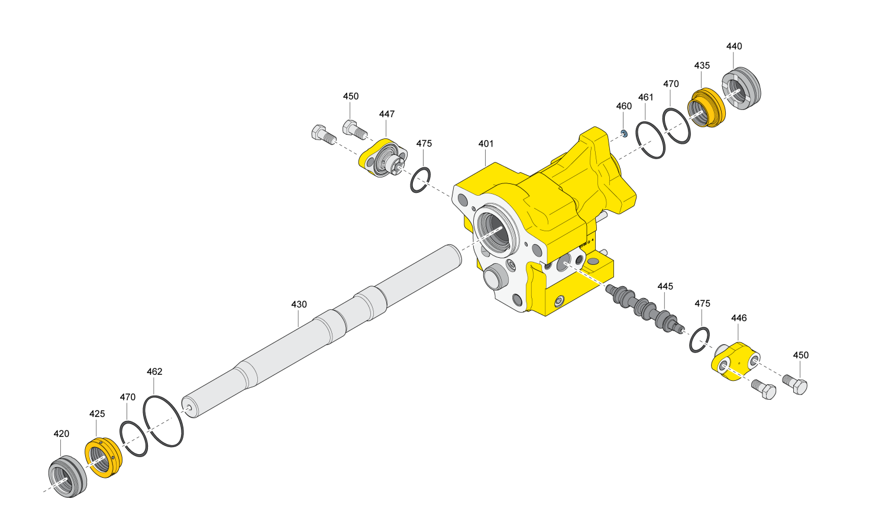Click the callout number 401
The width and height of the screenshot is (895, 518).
click(486, 144)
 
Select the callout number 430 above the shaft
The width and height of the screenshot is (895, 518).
click(299, 305)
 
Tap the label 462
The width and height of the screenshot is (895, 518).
click(154, 372)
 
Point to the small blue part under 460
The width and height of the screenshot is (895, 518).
click(625, 133)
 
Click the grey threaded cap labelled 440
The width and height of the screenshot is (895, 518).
click(741, 88)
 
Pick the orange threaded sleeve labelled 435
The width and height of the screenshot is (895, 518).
click(706, 108)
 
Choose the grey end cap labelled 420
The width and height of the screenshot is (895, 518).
click(67, 477)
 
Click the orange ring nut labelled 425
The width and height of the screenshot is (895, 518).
click(104, 458)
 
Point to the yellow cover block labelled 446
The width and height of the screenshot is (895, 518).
click(735, 361)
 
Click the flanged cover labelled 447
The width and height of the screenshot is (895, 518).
click(383, 158)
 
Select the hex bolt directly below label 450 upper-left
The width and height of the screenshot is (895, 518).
click(355, 129)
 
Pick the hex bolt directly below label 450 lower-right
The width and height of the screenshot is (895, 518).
click(794, 384)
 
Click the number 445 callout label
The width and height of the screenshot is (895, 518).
click(665, 286)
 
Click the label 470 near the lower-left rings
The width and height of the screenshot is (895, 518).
click(127, 397)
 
